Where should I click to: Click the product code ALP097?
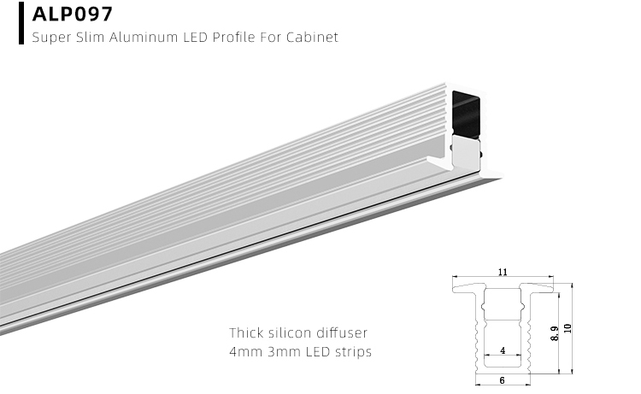click(72, 15)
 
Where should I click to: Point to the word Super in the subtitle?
click(50, 38)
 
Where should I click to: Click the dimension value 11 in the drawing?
click(502, 272)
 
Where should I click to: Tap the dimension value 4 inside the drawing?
click(502, 350)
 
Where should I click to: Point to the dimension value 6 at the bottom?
click(502, 380)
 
